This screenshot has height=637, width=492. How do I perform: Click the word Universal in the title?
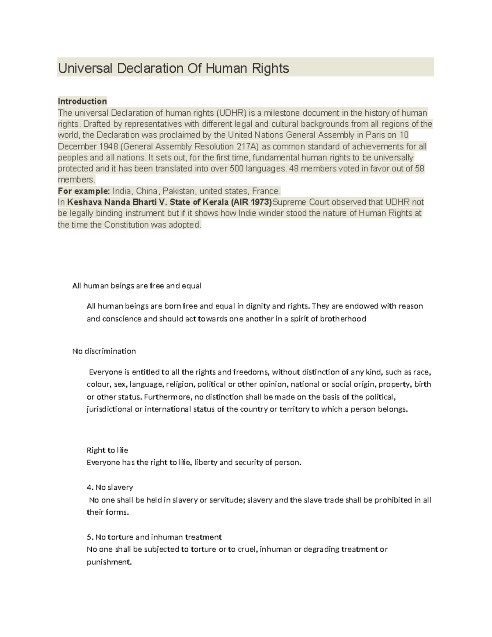coord(85,68)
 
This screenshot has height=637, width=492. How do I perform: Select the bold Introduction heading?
coord(82,101)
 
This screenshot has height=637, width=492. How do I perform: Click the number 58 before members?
coord(419,169)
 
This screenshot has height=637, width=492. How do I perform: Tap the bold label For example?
coord(84,191)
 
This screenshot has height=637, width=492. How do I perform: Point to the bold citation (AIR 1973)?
coord(251,202)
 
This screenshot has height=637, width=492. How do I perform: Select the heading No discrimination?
coord(104,351)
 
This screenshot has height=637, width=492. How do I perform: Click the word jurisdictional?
coord(109,409)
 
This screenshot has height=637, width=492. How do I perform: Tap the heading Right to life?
coord(107,450)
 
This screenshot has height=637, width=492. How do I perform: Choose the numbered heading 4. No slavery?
coord(110,487)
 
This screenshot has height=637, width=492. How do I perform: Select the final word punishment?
coord(109,562)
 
